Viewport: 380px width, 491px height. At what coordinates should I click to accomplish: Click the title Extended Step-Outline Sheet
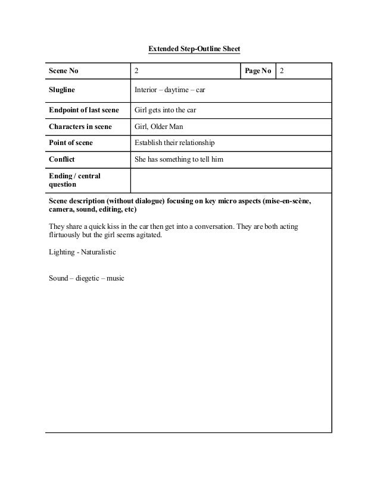[194, 48]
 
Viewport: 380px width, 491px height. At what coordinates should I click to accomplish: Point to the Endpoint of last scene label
[84, 111]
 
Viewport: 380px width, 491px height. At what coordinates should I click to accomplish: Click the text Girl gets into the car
[166, 111]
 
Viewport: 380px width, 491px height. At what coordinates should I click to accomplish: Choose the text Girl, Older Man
[159, 127]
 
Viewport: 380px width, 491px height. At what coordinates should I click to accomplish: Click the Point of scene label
[71, 143]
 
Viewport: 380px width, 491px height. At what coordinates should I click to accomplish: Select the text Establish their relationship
[175, 143]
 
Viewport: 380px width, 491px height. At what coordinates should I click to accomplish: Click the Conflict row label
[62, 159]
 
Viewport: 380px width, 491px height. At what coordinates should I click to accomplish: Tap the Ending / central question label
[74, 180]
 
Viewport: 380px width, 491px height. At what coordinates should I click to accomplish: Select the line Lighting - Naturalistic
[82, 252]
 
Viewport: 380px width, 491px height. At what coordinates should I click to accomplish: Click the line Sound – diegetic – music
[86, 278]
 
